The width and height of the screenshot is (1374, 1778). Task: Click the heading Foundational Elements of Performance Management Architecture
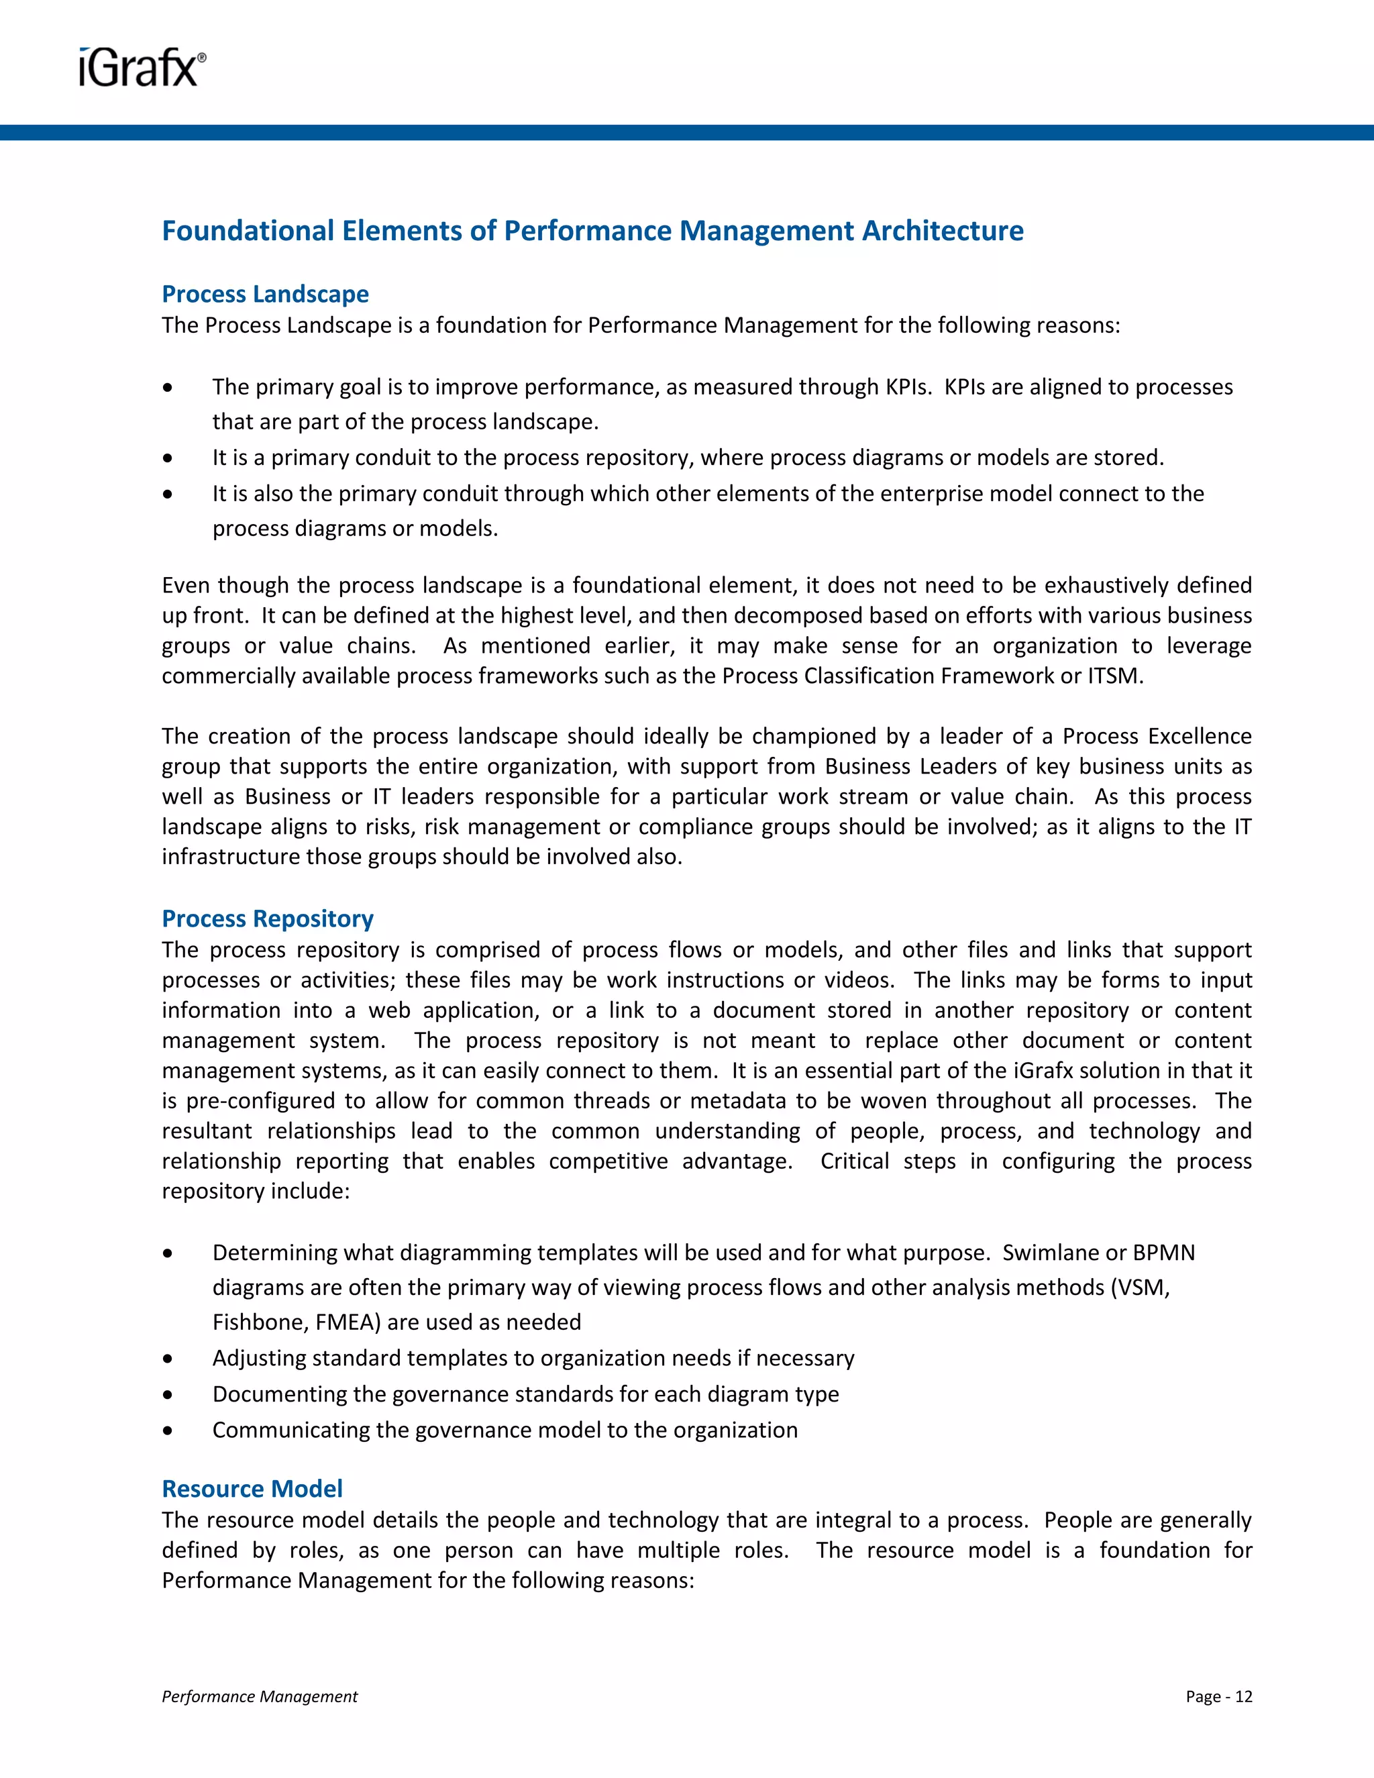point(592,231)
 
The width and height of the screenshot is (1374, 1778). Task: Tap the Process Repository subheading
point(267,919)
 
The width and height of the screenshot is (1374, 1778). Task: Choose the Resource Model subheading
point(252,1488)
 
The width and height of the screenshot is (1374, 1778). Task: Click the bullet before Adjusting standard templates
point(168,1359)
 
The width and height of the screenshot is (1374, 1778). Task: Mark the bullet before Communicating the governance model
point(168,1430)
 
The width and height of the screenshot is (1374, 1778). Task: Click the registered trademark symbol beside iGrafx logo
point(202,58)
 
